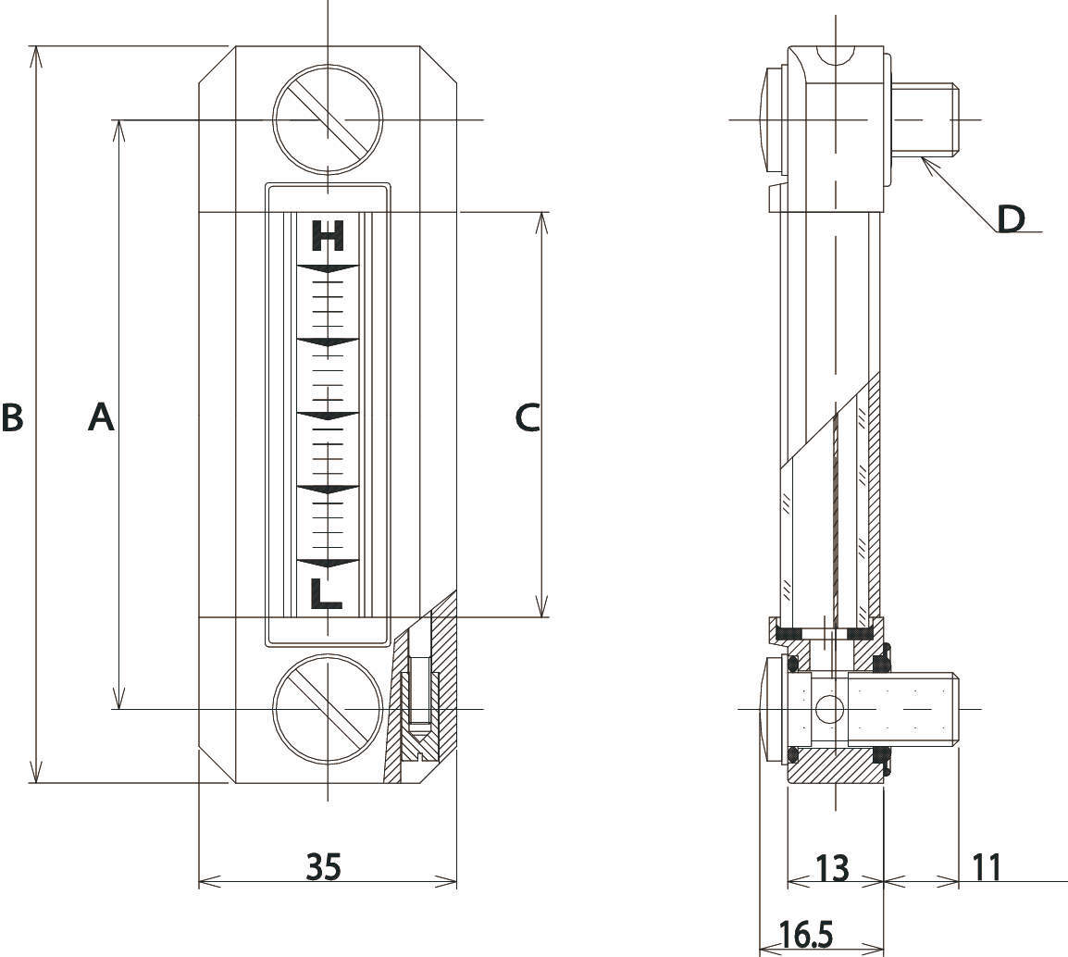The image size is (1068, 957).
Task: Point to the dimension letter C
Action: (x=528, y=417)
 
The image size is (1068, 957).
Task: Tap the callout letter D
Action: (x=1011, y=218)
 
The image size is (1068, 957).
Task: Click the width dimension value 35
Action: (x=324, y=866)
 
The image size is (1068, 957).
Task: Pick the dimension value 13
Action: (x=832, y=868)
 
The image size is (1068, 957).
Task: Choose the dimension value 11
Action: (x=987, y=867)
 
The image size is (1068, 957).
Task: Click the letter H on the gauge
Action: (x=328, y=236)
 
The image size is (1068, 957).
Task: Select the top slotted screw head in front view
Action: (x=328, y=120)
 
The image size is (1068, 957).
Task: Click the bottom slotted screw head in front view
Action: (x=328, y=708)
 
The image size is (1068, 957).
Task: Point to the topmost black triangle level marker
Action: (x=328, y=268)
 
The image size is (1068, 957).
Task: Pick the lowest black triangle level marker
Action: (x=328, y=564)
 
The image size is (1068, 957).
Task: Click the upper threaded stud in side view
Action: (x=925, y=120)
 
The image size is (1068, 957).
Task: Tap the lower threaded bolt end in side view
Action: (x=903, y=708)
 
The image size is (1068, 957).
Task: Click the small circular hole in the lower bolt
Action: (x=829, y=709)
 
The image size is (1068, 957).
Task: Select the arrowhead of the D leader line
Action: (x=927, y=164)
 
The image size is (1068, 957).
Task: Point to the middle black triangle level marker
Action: (x=328, y=416)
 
